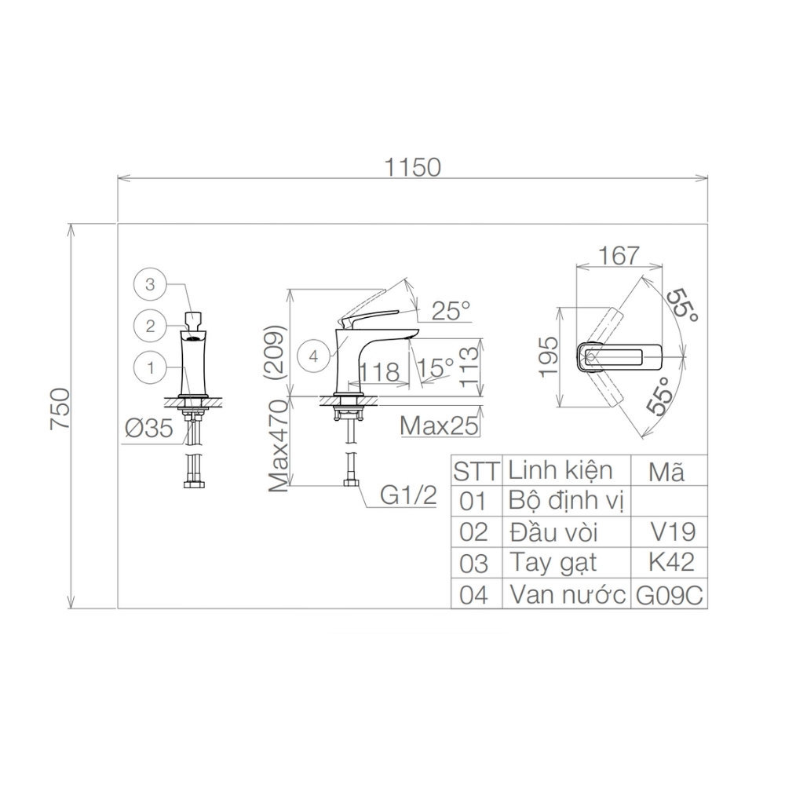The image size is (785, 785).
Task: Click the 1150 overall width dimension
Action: [x=412, y=167]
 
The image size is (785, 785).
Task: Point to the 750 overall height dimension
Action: [x=60, y=408]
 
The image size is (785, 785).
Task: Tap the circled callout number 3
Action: [x=150, y=285]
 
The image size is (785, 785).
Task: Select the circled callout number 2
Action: [x=150, y=327]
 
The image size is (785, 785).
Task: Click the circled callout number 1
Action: [x=150, y=368]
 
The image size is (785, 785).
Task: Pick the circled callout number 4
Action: [x=314, y=356]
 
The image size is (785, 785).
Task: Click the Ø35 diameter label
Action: [x=149, y=429]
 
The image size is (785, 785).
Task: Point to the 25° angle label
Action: [x=451, y=311]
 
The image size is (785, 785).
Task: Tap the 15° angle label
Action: [x=436, y=368]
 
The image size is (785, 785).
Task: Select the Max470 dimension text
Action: [x=279, y=445]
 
